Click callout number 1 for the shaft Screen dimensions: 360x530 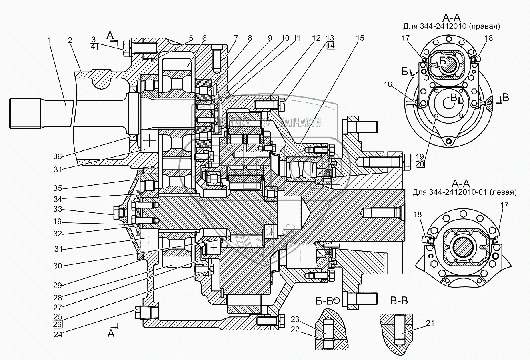pos(49,40)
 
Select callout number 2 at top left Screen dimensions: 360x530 pos(70,40)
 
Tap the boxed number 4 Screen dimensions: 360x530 pos(93,47)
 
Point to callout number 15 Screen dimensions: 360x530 pos(360,38)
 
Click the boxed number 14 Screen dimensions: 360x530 pos(330,46)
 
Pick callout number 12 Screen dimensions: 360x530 pos(316,38)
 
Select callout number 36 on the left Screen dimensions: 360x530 pos(58,156)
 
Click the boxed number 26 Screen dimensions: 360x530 pos(58,324)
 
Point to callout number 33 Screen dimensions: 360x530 pos(58,210)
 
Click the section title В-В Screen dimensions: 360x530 pos(399,301)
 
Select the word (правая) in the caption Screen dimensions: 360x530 pos(484,27)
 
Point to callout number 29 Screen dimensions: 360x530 pos(58,285)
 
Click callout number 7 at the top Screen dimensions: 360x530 pos(236,38)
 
